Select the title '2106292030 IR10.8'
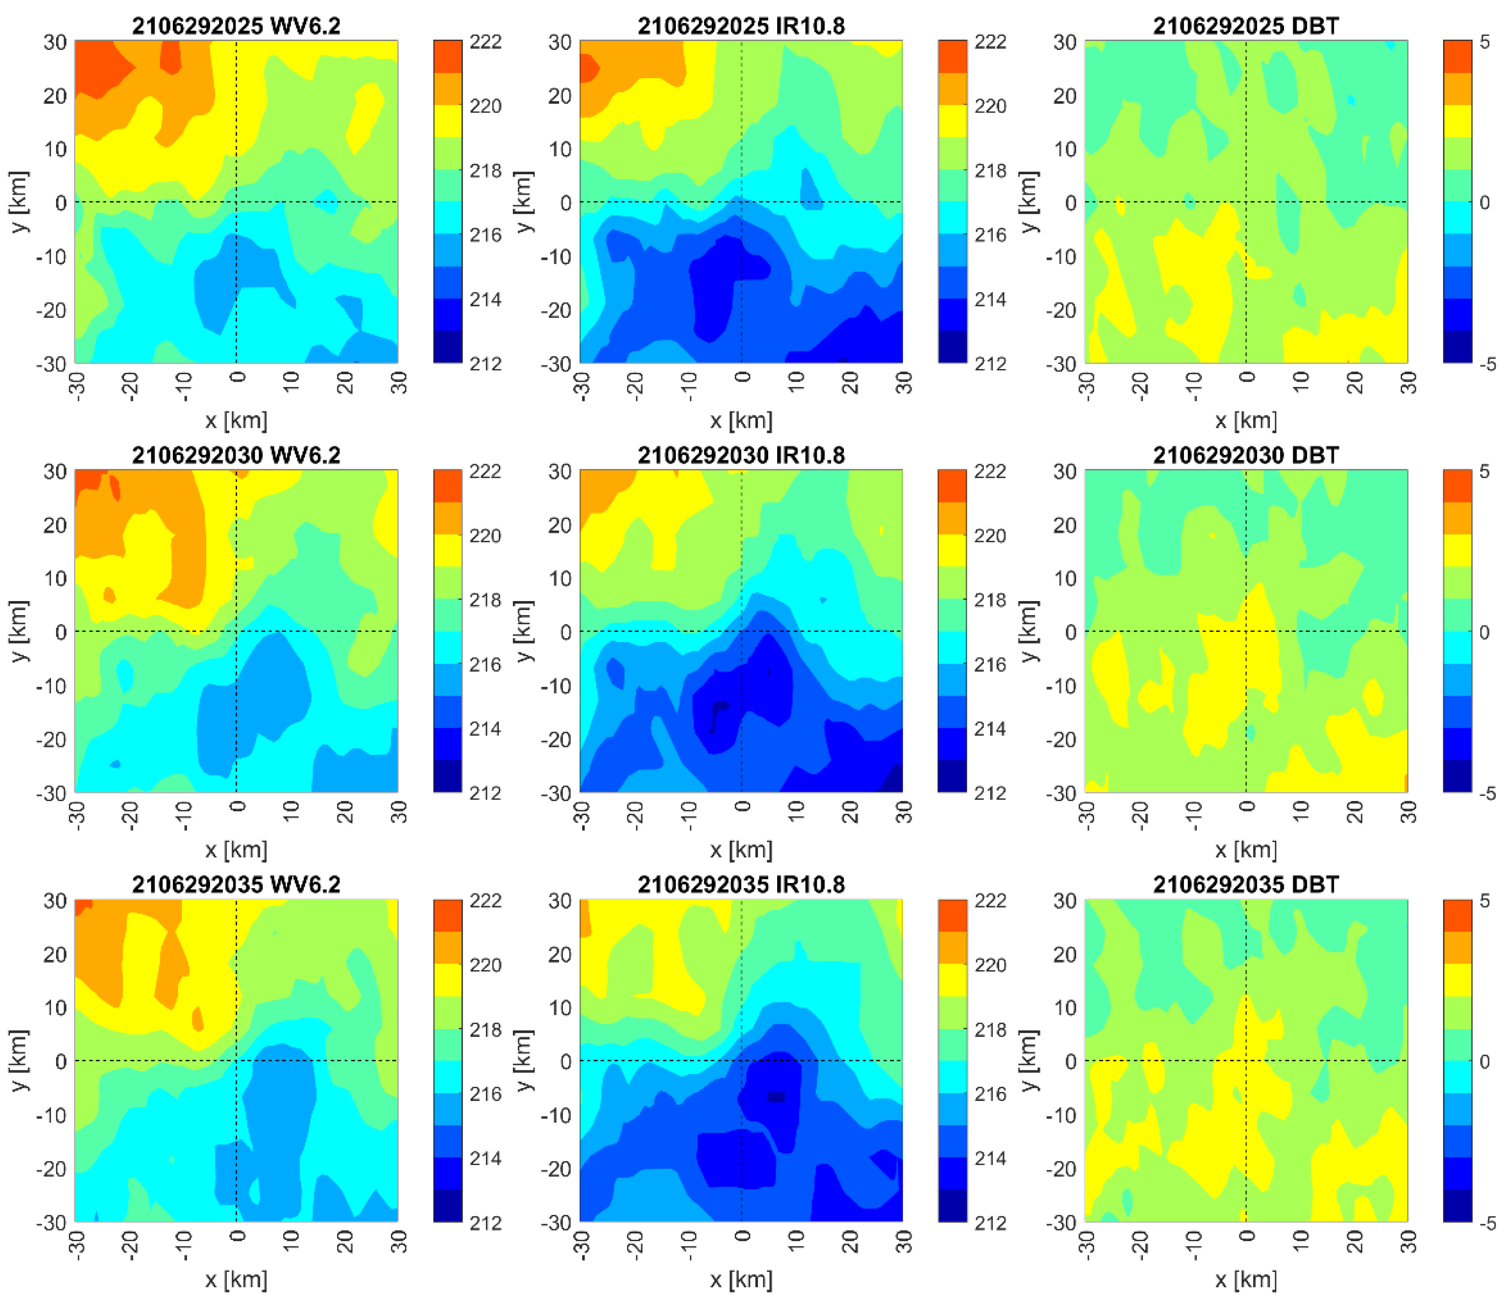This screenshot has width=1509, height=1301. [x=741, y=456]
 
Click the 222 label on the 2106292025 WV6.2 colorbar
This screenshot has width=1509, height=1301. [x=485, y=42]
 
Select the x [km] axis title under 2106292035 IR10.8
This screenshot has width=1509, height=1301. [x=741, y=1279]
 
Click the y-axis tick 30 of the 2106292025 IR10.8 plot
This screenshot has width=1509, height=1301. [x=560, y=42]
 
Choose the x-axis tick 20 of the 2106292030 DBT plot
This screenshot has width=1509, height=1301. [x=1355, y=812]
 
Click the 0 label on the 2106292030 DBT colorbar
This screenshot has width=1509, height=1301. [x=1484, y=633]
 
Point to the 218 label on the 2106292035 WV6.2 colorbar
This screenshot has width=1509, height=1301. [x=485, y=1029]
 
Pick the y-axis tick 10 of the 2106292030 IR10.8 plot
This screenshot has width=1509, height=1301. [x=560, y=579]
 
